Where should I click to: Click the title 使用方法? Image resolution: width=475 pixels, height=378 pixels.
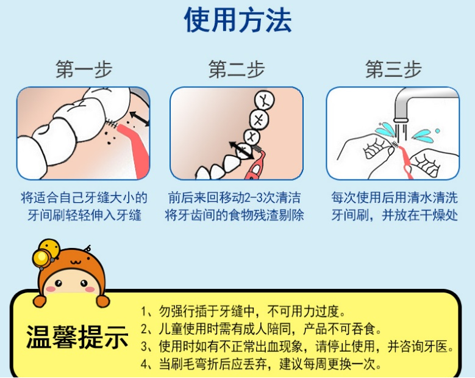point(238,20)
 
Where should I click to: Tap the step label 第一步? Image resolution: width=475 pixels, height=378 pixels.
point(84,69)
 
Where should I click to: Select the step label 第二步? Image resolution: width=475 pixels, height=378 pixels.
point(237,69)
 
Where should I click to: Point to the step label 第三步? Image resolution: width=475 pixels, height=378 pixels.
point(393,69)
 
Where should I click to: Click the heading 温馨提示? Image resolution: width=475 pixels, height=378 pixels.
point(77,336)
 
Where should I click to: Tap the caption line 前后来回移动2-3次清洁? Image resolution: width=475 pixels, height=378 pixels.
point(235,198)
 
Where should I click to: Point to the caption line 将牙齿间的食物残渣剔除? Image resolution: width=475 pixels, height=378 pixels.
point(235,216)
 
